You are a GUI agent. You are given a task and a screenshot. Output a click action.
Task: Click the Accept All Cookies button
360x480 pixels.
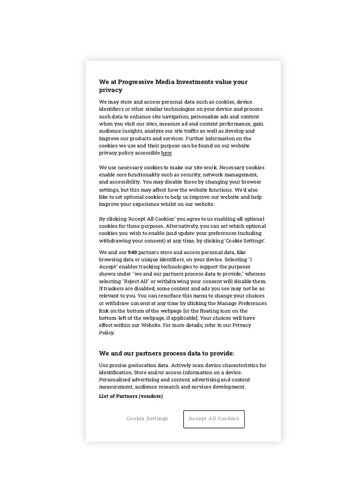(214, 419)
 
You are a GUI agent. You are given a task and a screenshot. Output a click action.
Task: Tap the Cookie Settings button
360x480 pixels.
(147, 419)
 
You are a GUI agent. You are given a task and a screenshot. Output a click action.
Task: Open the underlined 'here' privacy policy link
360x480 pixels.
(166, 153)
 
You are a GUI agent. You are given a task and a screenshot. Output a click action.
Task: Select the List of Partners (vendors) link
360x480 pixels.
(131, 396)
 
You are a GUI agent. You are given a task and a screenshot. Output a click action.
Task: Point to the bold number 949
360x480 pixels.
(132, 252)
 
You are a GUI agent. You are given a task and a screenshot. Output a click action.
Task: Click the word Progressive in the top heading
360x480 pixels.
(136, 82)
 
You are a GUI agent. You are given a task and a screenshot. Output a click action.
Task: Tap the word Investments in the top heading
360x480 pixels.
(195, 82)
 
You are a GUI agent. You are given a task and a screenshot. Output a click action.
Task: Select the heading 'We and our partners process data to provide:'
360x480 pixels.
(166, 353)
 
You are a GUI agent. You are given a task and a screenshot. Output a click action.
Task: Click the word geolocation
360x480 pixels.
(139, 365)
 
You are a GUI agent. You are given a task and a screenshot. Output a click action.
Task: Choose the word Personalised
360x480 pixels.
(114, 380)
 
